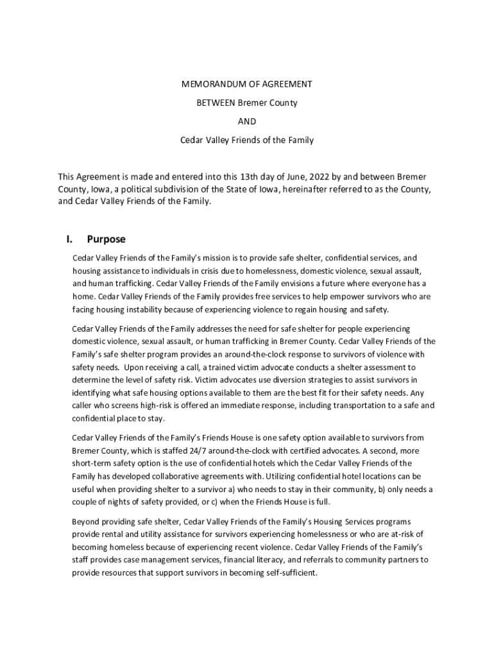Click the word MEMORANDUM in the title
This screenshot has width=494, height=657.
point(205,84)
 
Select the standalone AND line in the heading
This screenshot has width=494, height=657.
point(247,121)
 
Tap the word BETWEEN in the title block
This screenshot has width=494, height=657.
point(216,103)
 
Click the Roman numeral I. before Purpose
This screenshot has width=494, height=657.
point(69,239)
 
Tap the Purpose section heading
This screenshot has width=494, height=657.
point(106,239)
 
